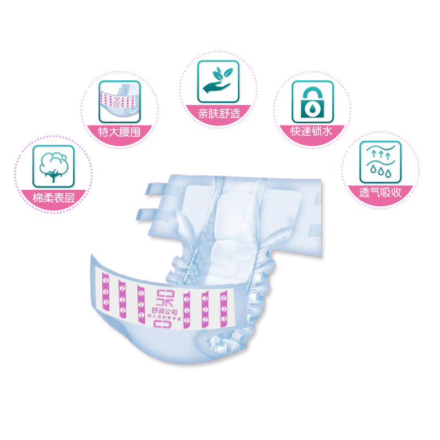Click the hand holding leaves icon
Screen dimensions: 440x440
(218, 81)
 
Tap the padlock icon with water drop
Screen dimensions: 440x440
(312, 102)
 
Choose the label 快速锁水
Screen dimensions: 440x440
(312, 132)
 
